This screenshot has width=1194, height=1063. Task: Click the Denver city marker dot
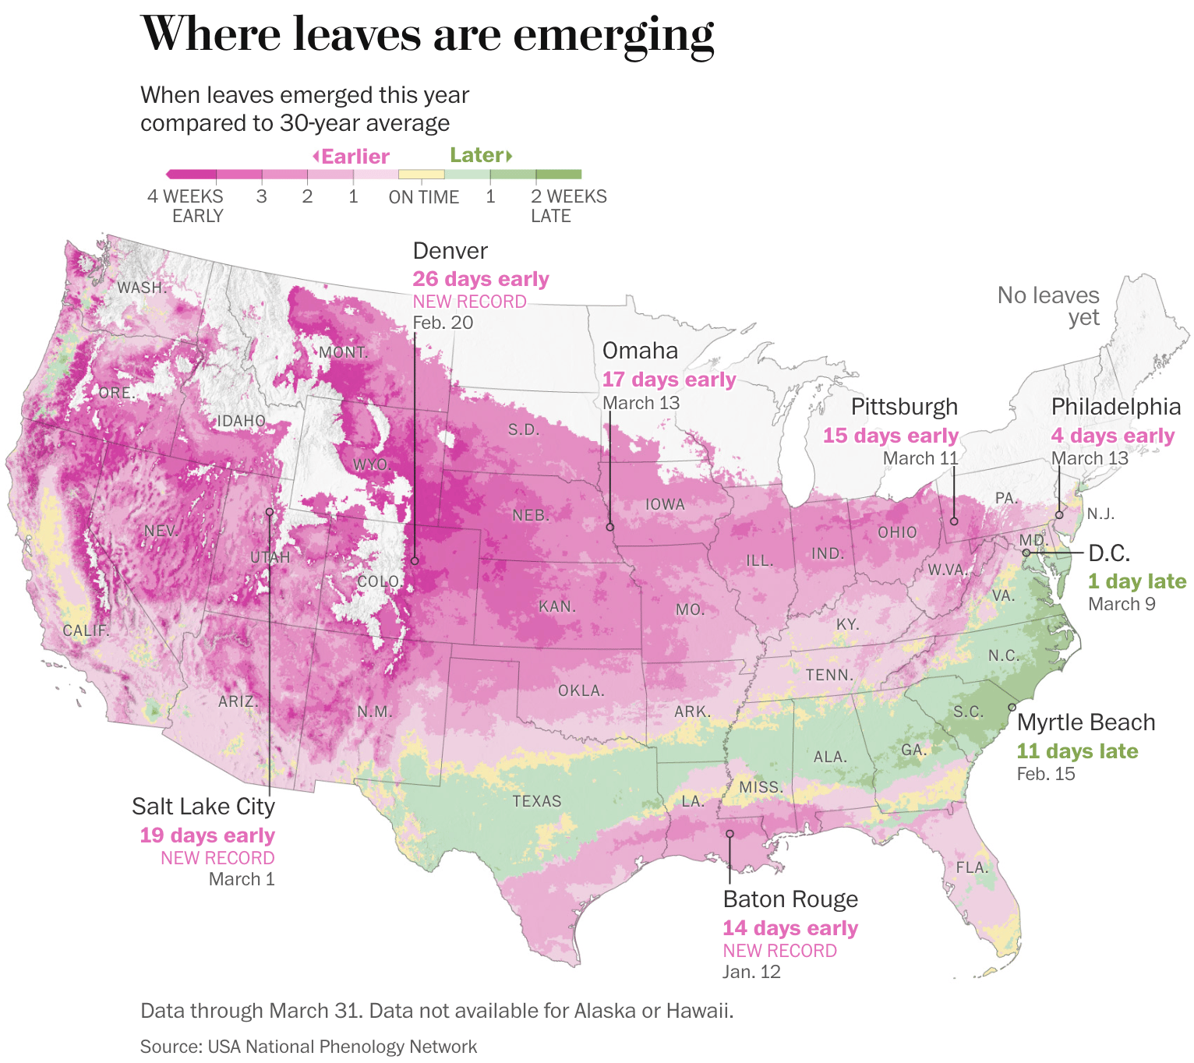tap(415, 560)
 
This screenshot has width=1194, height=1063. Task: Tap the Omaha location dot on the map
tap(610, 527)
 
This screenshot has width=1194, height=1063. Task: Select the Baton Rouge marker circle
tap(730, 834)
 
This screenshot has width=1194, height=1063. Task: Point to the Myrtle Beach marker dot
tap(1012, 707)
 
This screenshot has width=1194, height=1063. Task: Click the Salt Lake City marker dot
tap(269, 511)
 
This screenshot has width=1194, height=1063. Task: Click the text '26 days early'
tap(480, 279)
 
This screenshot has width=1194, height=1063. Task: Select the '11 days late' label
tap(1077, 751)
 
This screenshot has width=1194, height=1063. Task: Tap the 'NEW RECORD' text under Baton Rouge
tap(779, 951)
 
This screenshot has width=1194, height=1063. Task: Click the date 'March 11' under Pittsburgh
tap(920, 458)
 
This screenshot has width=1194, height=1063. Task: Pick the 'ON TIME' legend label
tap(423, 197)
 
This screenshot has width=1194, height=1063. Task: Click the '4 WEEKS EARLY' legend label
tap(185, 206)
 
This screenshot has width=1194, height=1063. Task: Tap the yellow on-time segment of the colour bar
tap(421, 175)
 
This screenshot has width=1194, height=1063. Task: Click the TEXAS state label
tap(536, 801)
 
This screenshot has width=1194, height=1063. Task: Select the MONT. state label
tap(343, 352)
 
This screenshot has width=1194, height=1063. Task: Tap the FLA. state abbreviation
tap(971, 867)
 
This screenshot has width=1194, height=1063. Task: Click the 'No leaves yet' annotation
tap(1048, 306)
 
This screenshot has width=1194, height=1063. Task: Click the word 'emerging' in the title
tap(613, 35)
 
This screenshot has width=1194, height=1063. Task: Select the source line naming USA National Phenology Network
tap(309, 1047)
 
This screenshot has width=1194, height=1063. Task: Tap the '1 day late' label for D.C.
tap(1136, 581)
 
